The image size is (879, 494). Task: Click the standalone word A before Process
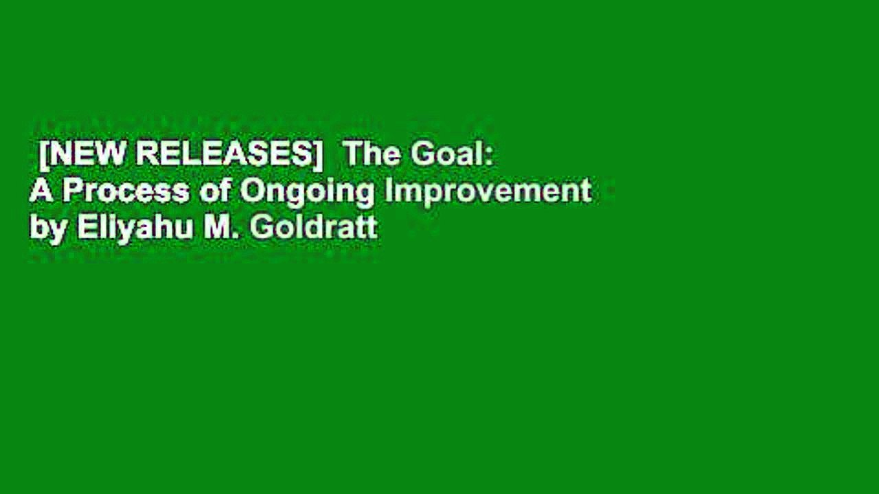click(41, 191)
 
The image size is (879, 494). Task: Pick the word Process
click(126, 191)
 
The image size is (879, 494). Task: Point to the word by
click(48, 228)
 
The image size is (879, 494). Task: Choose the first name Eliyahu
click(135, 228)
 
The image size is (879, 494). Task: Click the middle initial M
click(218, 227)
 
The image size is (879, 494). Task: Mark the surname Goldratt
click(314, 227)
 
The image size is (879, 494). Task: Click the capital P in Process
click(71, 191)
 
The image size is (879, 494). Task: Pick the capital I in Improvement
click(388, 191)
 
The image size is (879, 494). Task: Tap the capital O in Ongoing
click(250, 191)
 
